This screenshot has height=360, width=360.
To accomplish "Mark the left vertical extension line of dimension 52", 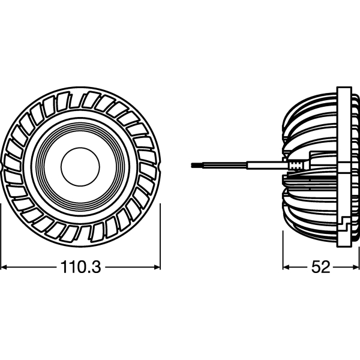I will click(x=283, y=252).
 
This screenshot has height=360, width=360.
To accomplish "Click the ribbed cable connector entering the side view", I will click(x=295, y=163).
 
